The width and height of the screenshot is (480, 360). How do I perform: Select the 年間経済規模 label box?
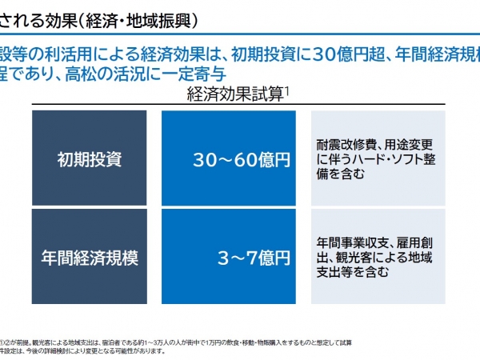[x=89, y=257]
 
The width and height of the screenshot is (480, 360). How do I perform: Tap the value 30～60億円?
[x=241, y=159]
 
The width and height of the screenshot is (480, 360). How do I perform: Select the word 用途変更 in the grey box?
[x=407, y=145]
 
